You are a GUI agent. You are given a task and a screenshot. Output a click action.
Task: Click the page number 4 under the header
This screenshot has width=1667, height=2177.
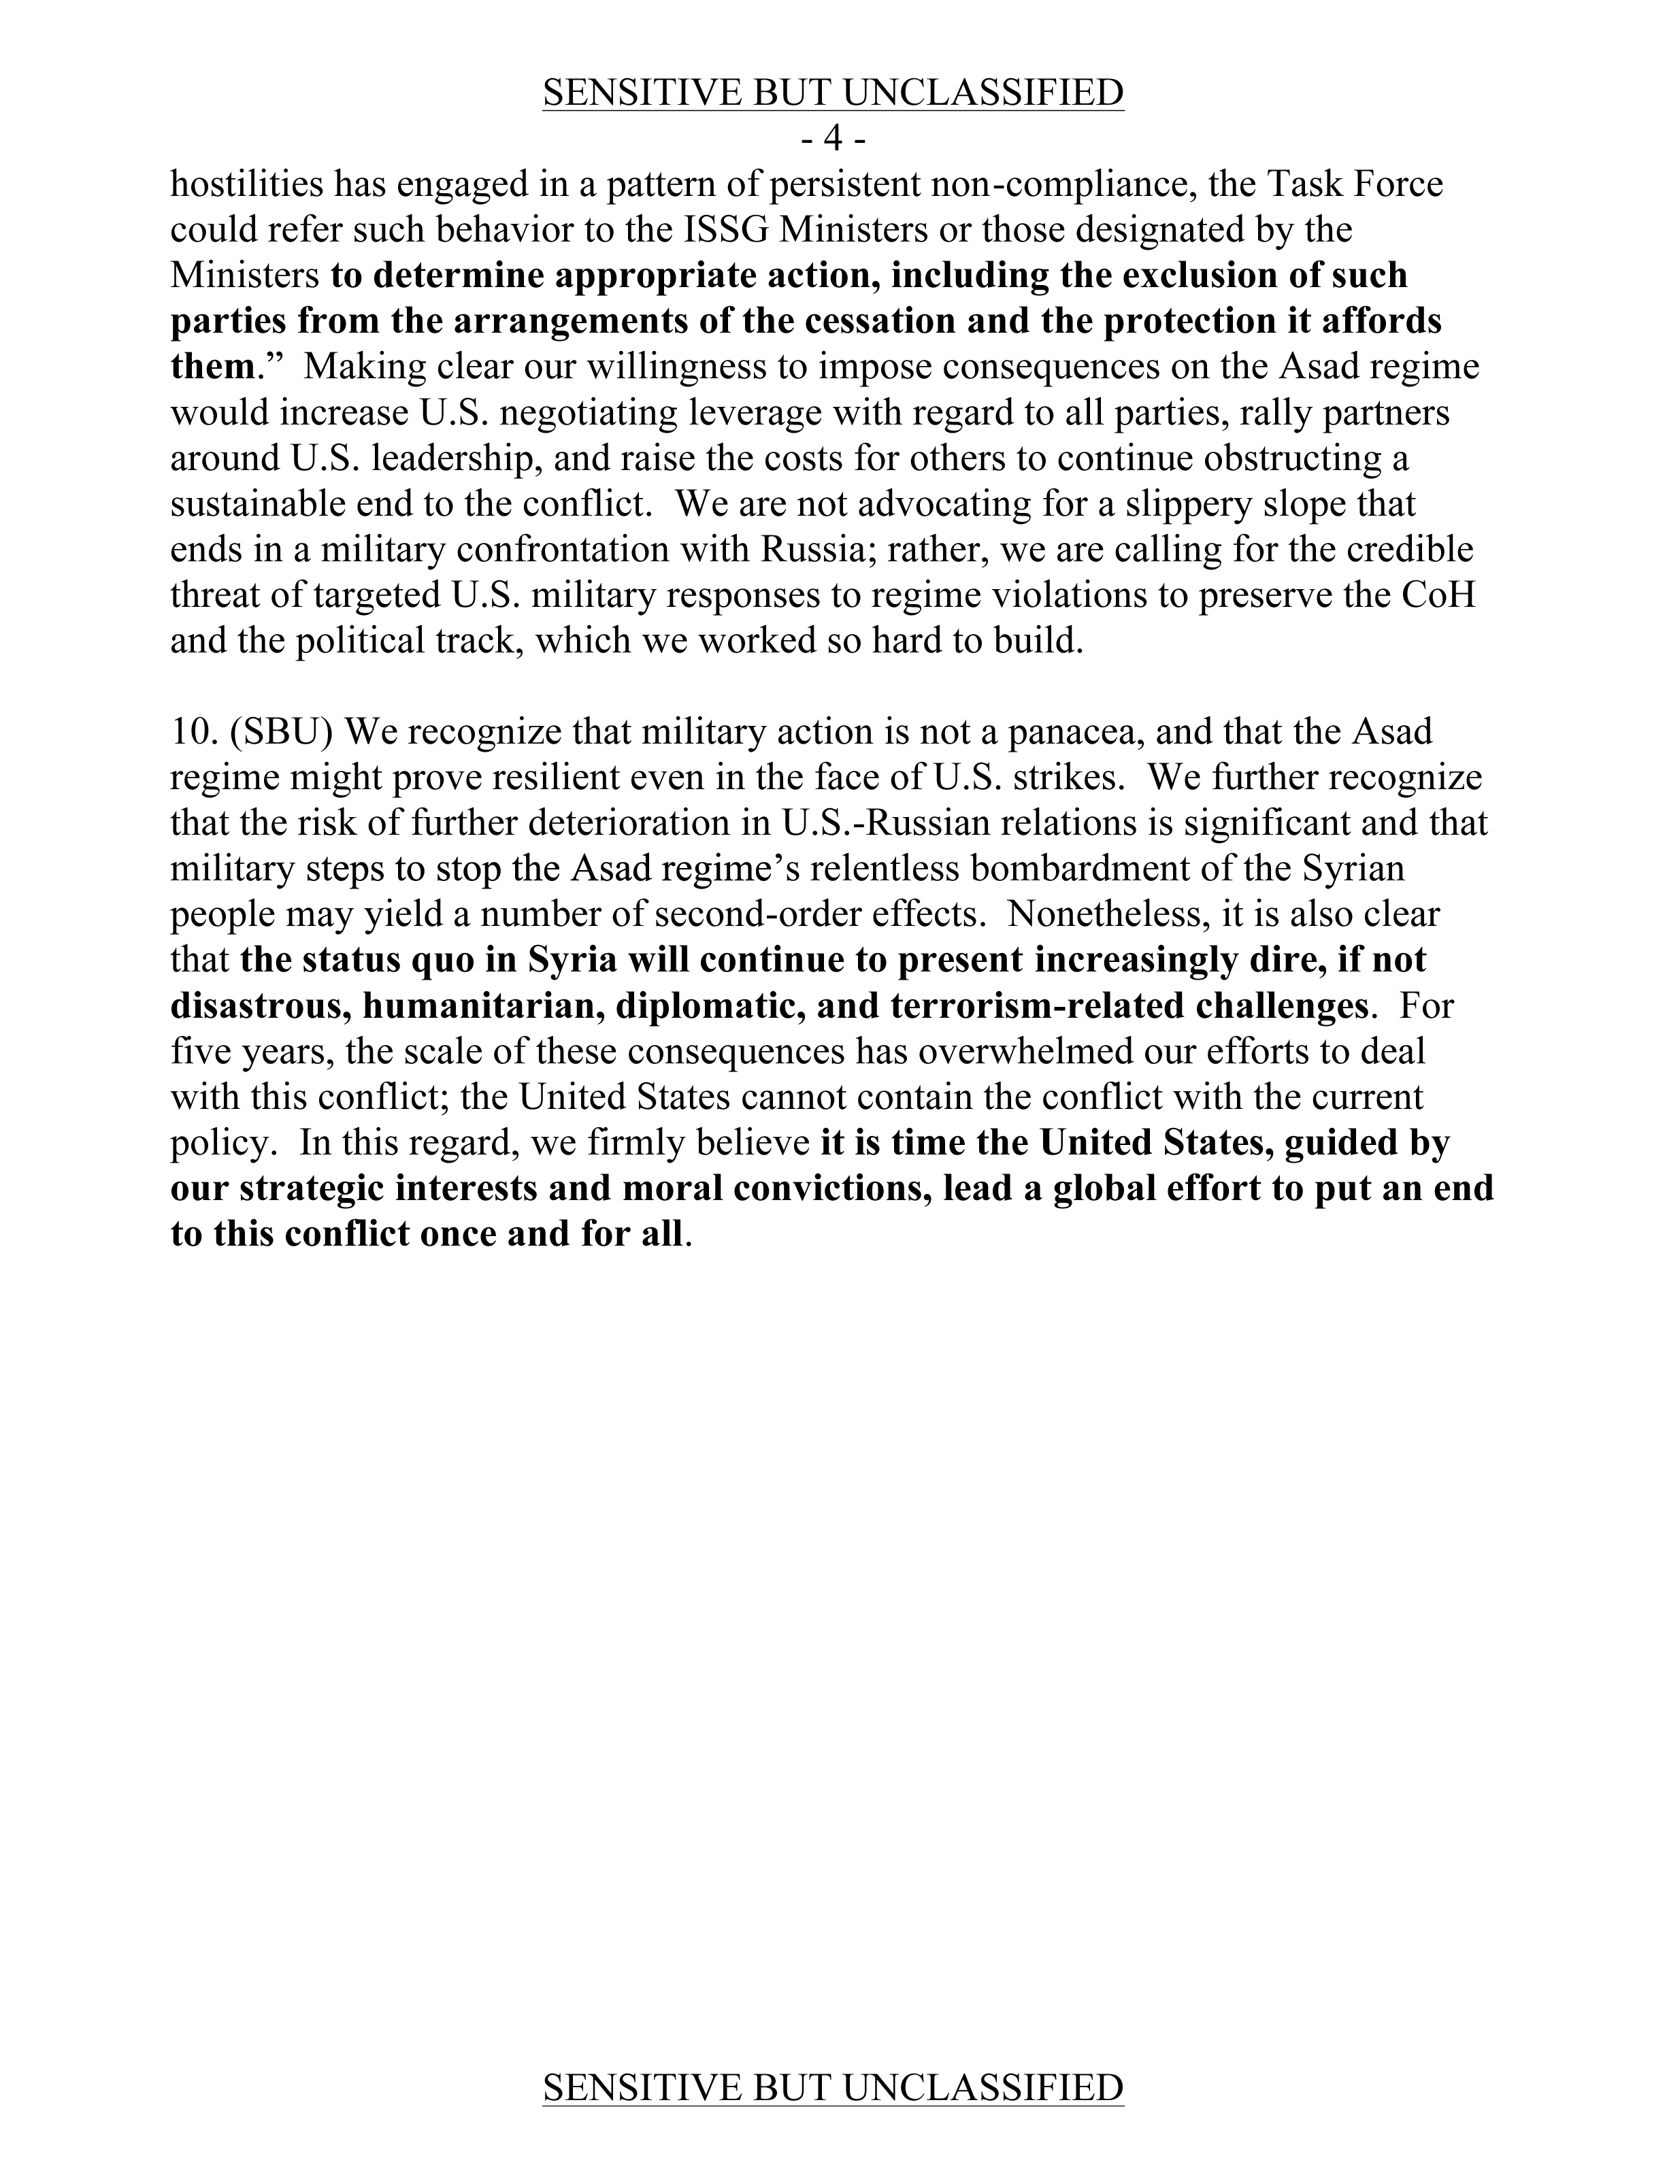834,140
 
